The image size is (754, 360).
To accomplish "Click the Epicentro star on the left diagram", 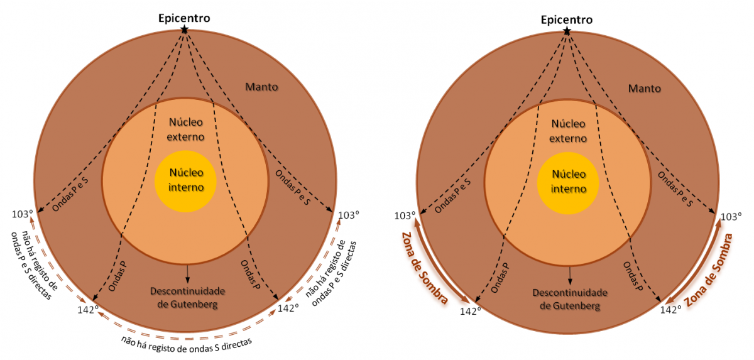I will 184,30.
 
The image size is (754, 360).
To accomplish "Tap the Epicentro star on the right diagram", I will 567,30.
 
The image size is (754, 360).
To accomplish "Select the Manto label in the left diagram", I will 262,87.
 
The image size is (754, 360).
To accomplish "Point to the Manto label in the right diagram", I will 645,88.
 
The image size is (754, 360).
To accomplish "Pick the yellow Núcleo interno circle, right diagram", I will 569,180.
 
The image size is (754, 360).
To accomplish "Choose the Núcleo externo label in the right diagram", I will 569,129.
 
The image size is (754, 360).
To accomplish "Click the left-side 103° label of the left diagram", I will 22,214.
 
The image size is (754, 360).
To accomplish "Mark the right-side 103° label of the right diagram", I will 731,216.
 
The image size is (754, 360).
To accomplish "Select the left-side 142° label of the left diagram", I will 87,309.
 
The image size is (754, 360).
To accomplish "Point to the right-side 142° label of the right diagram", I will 670,309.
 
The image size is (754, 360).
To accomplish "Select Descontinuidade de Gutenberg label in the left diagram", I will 187,298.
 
